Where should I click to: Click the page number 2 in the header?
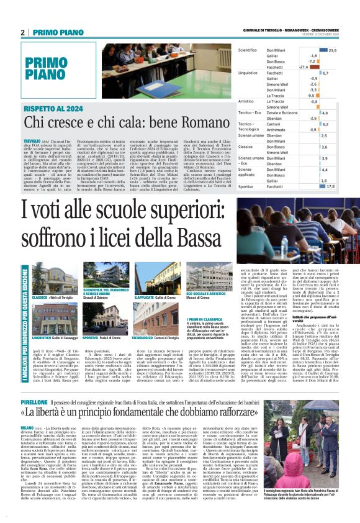(x=23, y=32)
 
